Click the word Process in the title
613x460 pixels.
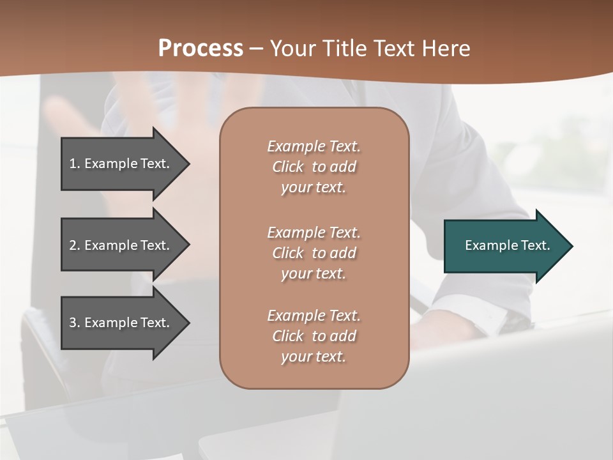click(x=201, y=48)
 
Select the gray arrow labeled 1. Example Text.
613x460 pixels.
click(x=121, y=164)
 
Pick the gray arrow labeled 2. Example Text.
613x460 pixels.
click(x=121, y=245)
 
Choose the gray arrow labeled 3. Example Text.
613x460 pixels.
click(x=121, y=323)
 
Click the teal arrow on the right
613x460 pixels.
click(x=504, y=246)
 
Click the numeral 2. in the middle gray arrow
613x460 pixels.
click(x=74, y=245)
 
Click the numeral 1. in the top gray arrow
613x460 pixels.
click(x=74, y=164)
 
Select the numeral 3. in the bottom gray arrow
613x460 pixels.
click(x=74, y=323)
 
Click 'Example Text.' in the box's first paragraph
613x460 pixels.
click(x=314, y=146)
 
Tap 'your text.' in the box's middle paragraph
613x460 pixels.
click(x=313, y=273)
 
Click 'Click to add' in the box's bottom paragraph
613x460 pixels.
click(x=314, y=336)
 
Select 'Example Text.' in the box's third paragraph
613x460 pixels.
click(x=314, y=316)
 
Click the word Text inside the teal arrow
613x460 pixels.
click(x=535, y=245)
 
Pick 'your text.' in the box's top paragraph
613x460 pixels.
click(x=313, y=188)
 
